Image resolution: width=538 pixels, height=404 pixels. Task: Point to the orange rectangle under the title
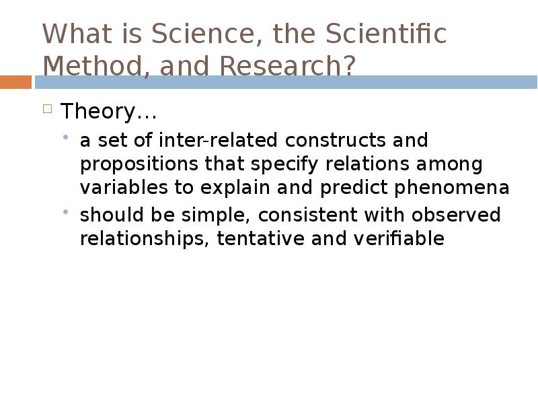[15, 82]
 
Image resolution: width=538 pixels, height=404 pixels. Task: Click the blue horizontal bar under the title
[286, 82]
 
